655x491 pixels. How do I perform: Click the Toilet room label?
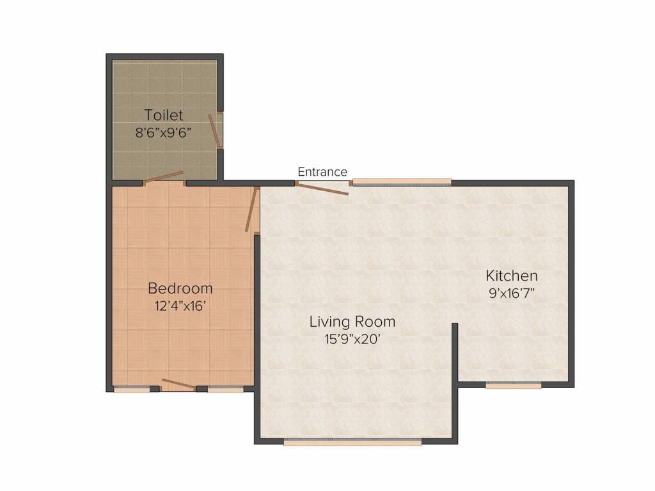[x=164, y=116]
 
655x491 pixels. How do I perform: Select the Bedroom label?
[x=180, y=288]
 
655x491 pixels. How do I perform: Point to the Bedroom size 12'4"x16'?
[x=180, y=306]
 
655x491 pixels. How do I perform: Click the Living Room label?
[x=352, y=321]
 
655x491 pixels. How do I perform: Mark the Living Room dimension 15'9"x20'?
[x=352, y=339]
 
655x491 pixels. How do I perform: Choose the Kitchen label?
[x=512, y=276]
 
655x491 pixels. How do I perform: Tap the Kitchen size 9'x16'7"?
[x=512, y=294]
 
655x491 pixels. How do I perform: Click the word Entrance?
[x=322, y=172]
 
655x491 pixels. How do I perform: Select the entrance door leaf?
[x=323, y=189]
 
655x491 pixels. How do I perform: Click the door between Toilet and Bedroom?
[x=164, y=177]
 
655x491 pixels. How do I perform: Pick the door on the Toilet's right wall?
[x=214, y=130]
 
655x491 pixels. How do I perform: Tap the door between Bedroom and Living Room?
[x=251, y=209]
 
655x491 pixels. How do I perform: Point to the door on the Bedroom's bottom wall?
[x=178, y=384]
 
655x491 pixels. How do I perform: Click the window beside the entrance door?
[x=402, y=182]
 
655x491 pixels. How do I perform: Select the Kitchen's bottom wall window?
[x=513, y=386]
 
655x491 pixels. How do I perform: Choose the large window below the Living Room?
[x=352, y=441]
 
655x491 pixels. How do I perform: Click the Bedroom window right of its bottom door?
[x=225, y=389]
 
